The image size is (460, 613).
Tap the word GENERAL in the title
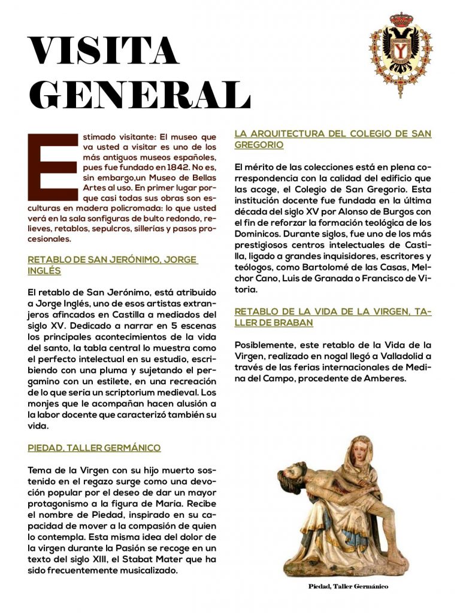(139, 95)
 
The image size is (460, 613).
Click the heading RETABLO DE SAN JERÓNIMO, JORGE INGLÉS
(113, 265)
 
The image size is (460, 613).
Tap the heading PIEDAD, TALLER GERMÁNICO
(94, 447)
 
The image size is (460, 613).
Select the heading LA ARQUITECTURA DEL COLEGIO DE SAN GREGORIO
(332, 139)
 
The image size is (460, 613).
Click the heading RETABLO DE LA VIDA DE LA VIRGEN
(332, 317)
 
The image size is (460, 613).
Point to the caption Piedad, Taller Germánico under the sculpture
(348, 586)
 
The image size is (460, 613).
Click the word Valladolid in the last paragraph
(393, 357)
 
